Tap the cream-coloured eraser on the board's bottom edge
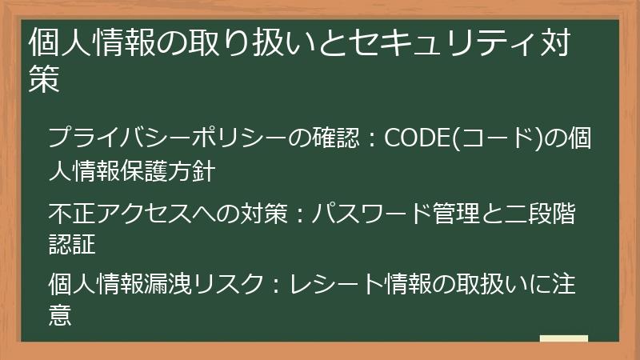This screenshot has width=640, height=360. click(564, 340)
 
